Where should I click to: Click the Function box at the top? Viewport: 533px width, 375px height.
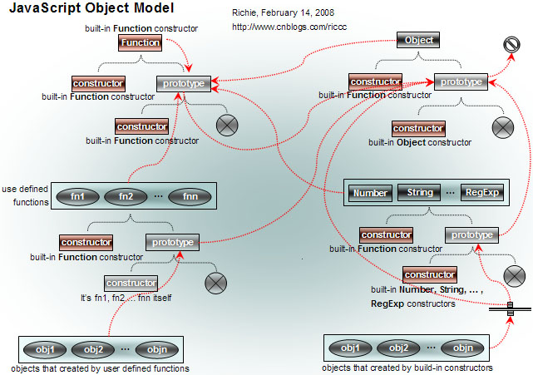pos(140,43)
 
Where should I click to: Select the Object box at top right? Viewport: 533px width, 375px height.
pos(418,40)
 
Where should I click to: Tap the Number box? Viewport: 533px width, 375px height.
pos(370,193)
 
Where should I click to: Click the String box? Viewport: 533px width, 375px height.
pos(420,193)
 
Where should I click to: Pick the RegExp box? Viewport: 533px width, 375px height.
pos(480,193)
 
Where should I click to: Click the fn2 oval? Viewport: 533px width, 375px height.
pos(126,197)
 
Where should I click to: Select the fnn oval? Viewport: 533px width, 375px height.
pos(188,197)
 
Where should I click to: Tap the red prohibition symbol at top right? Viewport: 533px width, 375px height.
pos(513,47)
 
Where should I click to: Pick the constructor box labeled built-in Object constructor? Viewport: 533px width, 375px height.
pos(418,129)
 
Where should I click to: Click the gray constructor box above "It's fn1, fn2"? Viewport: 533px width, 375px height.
pos(131,284)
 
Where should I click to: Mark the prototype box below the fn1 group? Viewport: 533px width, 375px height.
pos(173,243)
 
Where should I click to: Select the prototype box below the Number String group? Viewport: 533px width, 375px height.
pos(472,235)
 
